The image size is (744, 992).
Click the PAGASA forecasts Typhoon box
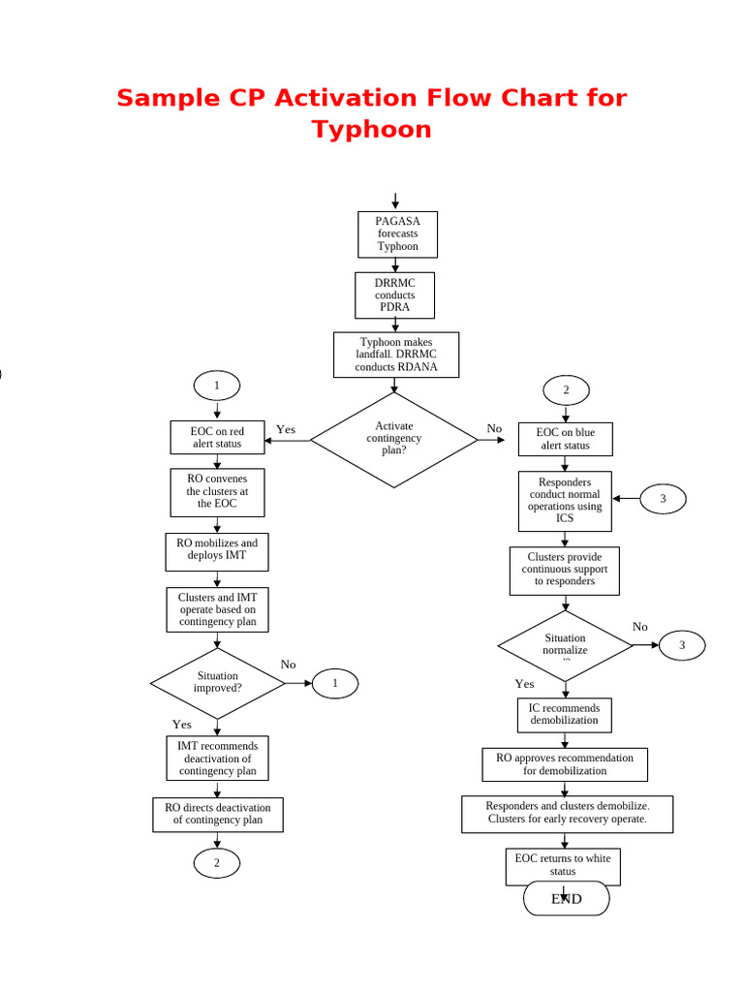(397, 234)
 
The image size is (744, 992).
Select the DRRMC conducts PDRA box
(394, 295)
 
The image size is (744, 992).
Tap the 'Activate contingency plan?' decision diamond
(394, 439)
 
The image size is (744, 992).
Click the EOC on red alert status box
(217, 438)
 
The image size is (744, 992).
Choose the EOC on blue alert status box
(565, 439)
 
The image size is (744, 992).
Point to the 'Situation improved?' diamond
(217, 683)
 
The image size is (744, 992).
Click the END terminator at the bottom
(567, 899)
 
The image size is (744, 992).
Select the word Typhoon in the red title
(372, 130)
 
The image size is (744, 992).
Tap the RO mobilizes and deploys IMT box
(217, 551)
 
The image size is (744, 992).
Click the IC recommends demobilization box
(565, 715)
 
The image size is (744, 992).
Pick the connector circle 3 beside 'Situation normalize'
(682, 645)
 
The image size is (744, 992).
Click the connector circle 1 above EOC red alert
(217, 386)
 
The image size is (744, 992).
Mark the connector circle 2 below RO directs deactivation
(217, 863)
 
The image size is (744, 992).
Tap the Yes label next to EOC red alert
(286, 429)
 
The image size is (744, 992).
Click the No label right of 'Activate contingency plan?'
(494, 428)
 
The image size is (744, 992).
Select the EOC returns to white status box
(563, 866)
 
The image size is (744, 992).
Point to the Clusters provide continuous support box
(565, 571)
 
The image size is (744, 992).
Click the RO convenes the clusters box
(217, 491)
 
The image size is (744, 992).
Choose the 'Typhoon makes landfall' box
(396, 355)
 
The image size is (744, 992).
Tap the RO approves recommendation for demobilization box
(565, 764)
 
